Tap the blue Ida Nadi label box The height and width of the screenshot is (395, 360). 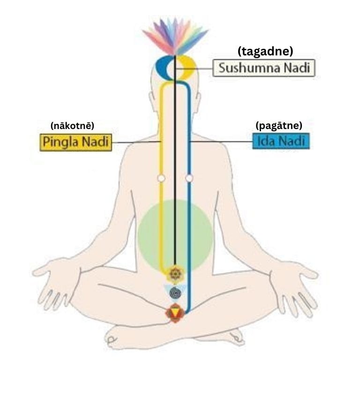[281, 141]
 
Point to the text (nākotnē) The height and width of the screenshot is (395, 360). [73, 126]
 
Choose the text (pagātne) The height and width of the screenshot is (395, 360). [279, 125]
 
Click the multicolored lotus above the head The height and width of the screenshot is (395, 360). [175, 36]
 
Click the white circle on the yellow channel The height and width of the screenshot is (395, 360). [161, 178]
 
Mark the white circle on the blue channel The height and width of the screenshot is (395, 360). [189, 178]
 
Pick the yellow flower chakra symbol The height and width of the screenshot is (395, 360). [175, 273]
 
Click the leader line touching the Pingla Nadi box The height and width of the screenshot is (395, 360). [136, 142]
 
